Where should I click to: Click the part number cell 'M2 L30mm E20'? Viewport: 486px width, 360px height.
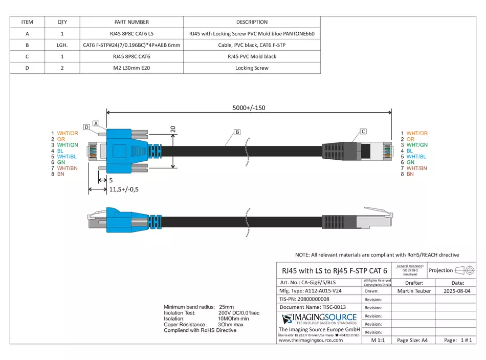coord(131,68)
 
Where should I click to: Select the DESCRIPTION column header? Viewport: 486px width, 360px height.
coord(252,22)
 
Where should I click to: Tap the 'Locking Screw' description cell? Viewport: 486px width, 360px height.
coord(252,68)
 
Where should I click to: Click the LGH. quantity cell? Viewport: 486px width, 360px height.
coord(62,45)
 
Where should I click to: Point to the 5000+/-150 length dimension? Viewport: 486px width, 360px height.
coord(249,108)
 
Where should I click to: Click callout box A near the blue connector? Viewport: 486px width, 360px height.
coord(96,117)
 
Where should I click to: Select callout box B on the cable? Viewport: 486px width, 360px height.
coord(237,132)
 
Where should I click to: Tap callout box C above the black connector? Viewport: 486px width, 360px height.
coord(363,131)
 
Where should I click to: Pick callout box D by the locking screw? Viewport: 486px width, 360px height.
coord(86,126)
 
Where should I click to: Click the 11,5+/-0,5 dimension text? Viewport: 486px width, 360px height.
coord(124,189)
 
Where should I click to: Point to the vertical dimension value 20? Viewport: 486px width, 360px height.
coord(173,130)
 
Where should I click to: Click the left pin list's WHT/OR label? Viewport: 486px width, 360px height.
coord(68,133)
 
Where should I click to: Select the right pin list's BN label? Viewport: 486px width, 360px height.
coord(410,174)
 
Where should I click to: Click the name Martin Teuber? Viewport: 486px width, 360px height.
coord(414,291)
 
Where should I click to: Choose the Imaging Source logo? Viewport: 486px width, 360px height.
coord(319,319)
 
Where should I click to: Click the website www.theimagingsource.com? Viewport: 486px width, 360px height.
coord(311,340)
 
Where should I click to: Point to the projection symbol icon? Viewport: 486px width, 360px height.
coord(465,270)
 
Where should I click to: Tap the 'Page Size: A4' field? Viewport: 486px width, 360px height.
coord(412,340)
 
